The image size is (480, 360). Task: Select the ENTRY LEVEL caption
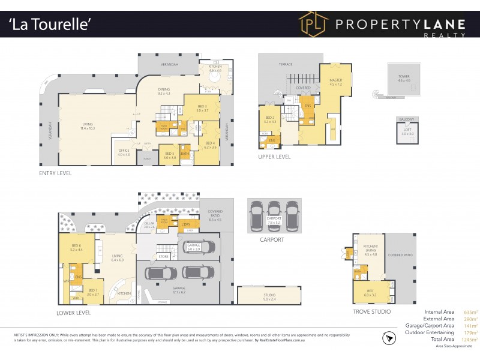pyautogui.click(x=55, y=173)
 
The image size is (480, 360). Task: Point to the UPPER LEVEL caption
pyautogui.click(x=274, y=157)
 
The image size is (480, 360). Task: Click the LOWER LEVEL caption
pyautogui.click(x=74, y=313)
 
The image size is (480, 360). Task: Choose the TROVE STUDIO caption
pyautogui.click(x=372, y=311)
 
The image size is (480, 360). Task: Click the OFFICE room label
pyautogui.click(x=124, y=151)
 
